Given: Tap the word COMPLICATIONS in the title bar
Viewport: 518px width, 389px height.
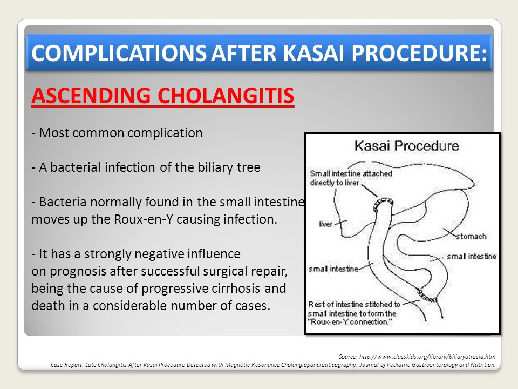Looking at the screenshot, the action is pyautogui.click(x=119, y=53).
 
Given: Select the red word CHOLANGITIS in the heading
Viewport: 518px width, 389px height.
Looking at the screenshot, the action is pyautogui.click(x=226, y=96).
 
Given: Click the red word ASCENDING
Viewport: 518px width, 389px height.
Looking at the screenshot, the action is pyautogui.click(x=91, y=96).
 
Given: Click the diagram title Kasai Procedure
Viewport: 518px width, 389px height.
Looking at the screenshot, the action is pyautogui.click(x=407, y=146).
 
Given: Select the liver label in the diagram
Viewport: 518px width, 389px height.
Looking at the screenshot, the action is pyautogui.click(x=325, y=224).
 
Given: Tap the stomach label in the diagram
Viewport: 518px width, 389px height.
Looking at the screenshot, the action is pyautogui.click(x=471, y=237).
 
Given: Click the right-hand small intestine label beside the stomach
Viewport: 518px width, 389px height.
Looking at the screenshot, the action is pyautogui.click(x=472, y=256).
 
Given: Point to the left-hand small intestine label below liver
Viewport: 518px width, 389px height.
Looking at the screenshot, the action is pyautogui.click(x=333, y=269).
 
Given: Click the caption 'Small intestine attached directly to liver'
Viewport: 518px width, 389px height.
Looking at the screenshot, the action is pyautogui.click(x=351, y=178).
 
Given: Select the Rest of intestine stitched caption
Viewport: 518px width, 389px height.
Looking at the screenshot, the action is pyautogui.click(x=354, y=313).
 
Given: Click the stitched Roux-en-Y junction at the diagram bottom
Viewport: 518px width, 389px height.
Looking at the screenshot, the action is pyautogui.click(x=427, y=296).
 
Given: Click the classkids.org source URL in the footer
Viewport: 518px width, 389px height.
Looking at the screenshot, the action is pyautogui.click(x=427, y=357).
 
